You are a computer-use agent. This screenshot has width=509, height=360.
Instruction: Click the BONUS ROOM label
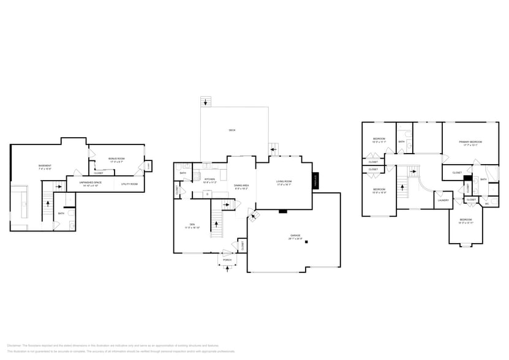(x=116, y=159)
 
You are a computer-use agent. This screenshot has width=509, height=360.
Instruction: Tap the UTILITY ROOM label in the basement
(x=129, y=184)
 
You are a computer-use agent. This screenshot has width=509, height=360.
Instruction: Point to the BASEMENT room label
(x=45, y=165)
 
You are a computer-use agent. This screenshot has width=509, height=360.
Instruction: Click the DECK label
(x=232, y=130)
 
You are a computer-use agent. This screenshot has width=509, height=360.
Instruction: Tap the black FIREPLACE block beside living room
(x=316, y=180)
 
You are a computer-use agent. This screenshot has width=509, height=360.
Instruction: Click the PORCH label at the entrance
(x=227, y=260)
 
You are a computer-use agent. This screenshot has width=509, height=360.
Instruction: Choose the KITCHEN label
(x=210, y=179)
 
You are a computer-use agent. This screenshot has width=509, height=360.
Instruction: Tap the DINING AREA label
(x=242, y=185)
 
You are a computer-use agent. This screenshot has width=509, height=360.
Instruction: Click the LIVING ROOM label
(x=284, y=181)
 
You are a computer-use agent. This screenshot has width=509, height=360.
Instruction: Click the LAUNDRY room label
(x=443, y=200)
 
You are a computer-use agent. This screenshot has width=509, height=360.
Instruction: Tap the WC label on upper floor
(x=487, y=203)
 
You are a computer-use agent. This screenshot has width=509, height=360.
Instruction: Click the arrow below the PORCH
(x=227, y=269)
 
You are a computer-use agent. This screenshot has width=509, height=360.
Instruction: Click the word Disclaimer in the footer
(x=13, y=345)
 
